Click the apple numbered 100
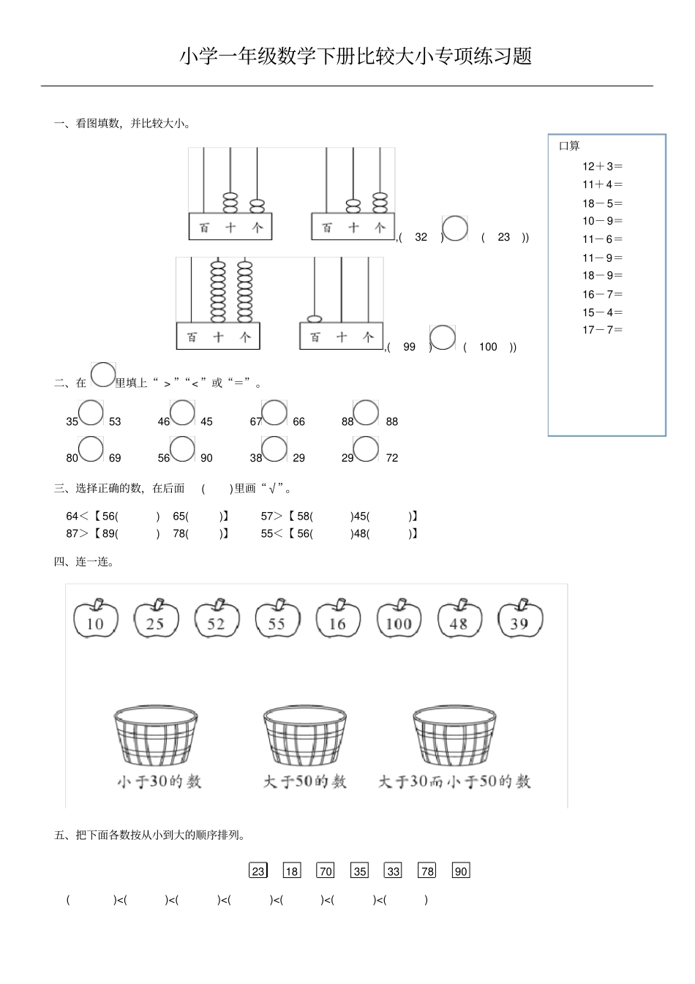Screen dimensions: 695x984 pyautogui.click(x=399, y=617)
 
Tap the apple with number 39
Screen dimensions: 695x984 pyautogui.click(x=520, y=617)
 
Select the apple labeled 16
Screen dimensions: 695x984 pyautogui.click(x=338, y=617)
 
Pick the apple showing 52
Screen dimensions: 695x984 pyautogui.click(x=217, y=617)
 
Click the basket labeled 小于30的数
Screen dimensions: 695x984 pyautogui.click(x=156, y=736)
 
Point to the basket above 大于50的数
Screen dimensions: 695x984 pyautogui.click(x=305, y=736)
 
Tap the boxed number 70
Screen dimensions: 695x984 pyautogui.click(x=325, y=870)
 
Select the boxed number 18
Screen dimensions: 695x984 pyautogui.click(x=292, y=870)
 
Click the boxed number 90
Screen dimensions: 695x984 pyautogui.click(x=461, y=870)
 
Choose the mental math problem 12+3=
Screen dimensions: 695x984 pyautogui.click(x=602, y=167)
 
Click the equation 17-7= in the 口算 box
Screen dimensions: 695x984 pyautogui.click(x=602, y=330)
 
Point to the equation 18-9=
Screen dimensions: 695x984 pyautogui.click(x=602, y=275)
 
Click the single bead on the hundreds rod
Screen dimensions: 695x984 pyautogui.click(x=315, y=319)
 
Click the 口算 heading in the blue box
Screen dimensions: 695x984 pyautogui.click(x=569, y=146)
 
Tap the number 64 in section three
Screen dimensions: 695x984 pyautogui.click(x=72, y=517)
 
